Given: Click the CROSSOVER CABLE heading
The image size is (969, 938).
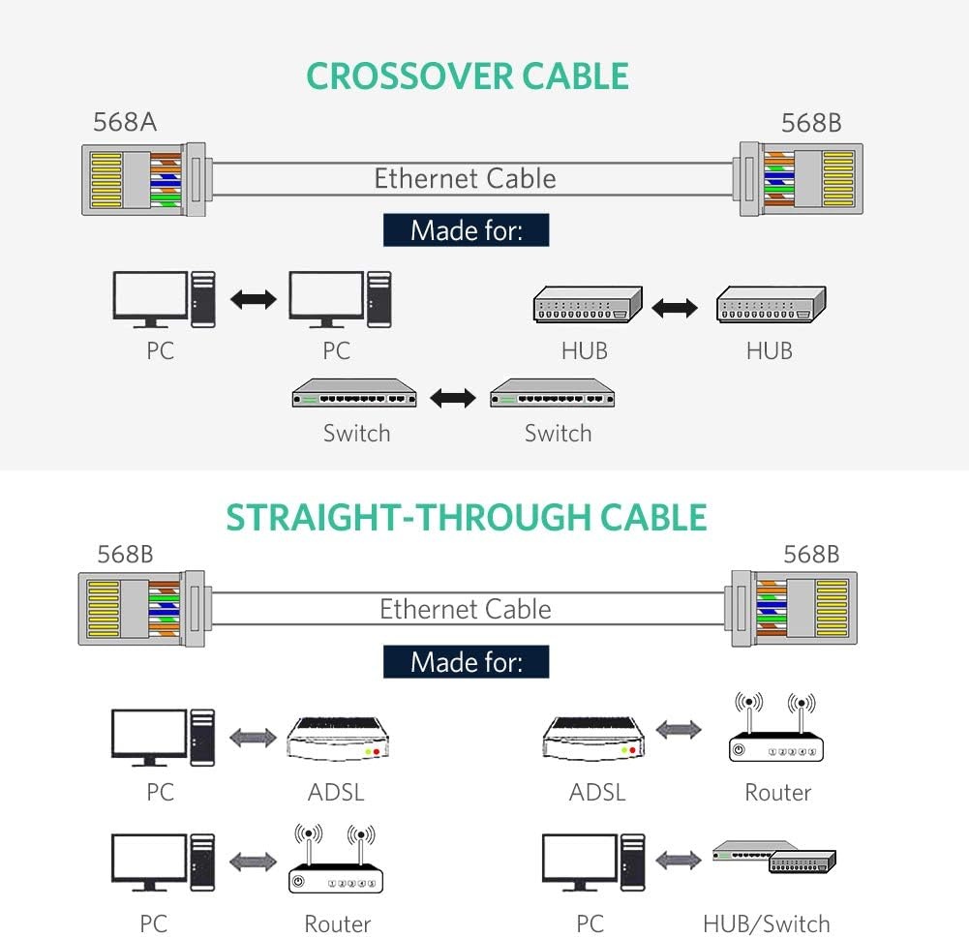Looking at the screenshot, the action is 468,76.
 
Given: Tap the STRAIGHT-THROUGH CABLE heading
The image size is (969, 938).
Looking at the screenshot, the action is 466,517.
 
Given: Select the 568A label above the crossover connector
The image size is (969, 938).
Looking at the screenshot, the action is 125,122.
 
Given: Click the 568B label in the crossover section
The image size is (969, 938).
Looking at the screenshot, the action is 811,123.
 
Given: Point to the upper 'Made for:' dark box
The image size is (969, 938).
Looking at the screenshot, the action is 466,229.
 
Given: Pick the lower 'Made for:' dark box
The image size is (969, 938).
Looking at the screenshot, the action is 466,662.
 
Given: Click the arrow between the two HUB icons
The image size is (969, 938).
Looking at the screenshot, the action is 675,307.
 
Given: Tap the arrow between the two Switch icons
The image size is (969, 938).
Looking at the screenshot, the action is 453,398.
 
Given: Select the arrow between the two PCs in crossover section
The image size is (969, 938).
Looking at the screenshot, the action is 254,300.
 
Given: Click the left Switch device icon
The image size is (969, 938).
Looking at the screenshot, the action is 354,393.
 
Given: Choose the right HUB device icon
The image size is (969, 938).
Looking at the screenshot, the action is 772,304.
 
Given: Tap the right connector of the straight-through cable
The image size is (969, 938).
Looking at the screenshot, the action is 794,609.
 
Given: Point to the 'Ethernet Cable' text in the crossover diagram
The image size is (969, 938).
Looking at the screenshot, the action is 465,178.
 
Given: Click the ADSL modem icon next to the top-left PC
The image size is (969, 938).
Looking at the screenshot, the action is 338,739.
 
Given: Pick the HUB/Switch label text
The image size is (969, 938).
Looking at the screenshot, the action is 767,923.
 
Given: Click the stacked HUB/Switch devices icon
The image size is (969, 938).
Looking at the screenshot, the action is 773,857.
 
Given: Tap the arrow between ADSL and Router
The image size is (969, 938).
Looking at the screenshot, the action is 679,730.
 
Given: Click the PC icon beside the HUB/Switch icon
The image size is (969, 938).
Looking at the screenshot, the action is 593,862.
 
